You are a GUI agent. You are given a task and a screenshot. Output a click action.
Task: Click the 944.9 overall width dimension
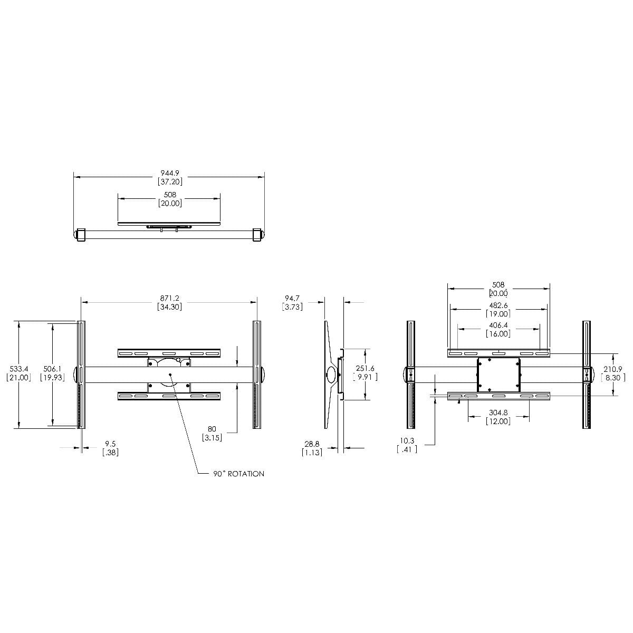(169, 173)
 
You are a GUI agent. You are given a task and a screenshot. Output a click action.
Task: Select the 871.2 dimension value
(169, 298)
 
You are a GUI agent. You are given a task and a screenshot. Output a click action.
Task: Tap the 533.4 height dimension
(18, 369)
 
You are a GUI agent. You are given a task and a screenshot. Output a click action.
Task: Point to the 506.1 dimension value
(53, 369)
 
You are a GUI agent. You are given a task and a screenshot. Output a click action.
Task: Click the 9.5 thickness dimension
(110, 444)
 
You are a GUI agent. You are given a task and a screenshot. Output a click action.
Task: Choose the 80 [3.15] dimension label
(212, 433)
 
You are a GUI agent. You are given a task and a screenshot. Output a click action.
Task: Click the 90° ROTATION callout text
(239, 474)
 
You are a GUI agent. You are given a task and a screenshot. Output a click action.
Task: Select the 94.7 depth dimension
(292, 298)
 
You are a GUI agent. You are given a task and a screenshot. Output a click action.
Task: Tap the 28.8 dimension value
(312, 444)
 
